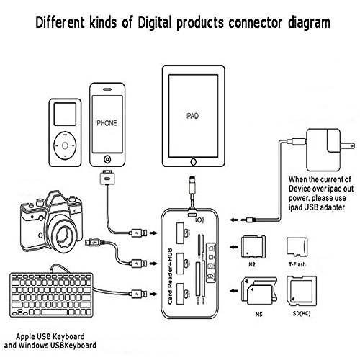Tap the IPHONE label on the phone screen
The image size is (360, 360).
(105, 123)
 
